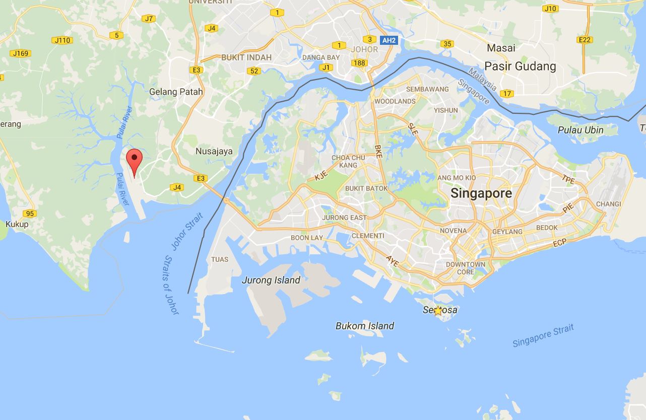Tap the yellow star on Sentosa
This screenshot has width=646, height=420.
click(438, 311)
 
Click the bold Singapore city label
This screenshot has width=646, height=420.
click(481, 193)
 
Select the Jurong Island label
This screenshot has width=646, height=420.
click(271, 281)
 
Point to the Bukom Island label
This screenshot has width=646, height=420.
click(365, 326)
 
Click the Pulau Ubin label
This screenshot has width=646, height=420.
click(580, 130)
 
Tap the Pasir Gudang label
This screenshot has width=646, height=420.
click(520, 66)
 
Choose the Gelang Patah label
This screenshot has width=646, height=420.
click(176, 92)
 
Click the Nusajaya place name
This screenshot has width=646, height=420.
click(214, 151)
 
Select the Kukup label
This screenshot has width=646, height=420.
click(17, 224)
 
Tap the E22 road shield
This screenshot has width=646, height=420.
click(585, 40)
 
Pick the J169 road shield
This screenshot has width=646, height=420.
click(21, 53)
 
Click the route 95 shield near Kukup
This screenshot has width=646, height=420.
click(30, 214)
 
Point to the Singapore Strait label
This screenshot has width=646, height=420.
click(543, 336)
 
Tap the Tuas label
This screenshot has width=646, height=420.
click(220, 259)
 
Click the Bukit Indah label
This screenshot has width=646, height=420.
click(246, 57)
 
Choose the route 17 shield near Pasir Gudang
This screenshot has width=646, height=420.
click(507, 94)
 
